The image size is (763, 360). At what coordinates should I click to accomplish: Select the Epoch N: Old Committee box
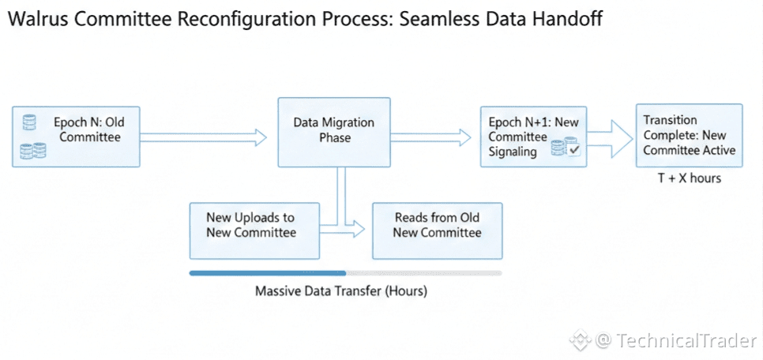tap(76, 137)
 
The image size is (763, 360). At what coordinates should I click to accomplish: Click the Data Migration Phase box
tap(334, 133)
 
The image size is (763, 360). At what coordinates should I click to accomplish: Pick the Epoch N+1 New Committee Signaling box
tap(533, 137)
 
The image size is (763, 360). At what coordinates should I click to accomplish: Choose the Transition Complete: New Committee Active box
tap(689, 135)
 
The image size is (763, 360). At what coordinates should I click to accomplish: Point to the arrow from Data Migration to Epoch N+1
tap(431, 137)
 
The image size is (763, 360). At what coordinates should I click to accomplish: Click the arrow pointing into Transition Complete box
tap(611, 138)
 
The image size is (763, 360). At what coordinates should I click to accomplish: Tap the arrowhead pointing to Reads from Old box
tap(358, 228)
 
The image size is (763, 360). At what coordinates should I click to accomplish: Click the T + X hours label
tap(690, 178)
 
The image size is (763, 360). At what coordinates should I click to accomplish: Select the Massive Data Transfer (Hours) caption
tap(341, 292)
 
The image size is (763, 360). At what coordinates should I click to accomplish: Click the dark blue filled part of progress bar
tap(268, 273)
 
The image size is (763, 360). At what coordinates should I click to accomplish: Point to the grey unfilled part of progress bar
tap(424, 273)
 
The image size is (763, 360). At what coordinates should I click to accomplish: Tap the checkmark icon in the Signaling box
tap(574, 150)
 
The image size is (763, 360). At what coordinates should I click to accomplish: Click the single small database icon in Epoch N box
tap(30, 122)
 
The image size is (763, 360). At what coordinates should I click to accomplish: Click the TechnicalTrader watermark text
tap(686, 340)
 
